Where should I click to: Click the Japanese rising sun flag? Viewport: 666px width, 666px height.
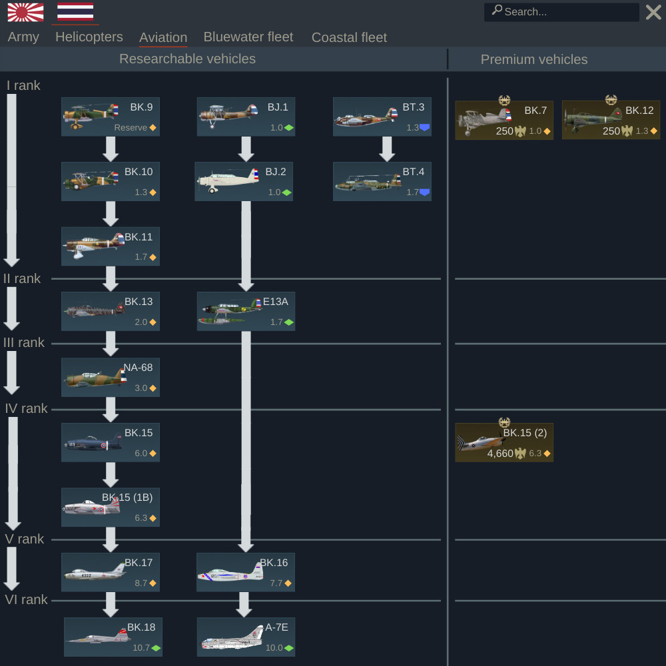(25, 12)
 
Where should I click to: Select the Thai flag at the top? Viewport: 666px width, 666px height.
(75, 11)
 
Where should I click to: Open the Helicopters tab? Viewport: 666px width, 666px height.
(89, 37)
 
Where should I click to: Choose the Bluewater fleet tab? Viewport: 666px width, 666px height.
(248, 37)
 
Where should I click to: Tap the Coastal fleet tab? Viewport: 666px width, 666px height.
(349, 37)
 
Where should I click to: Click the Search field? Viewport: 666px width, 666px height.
(561, 12)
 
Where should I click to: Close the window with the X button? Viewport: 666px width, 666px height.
(653, 12)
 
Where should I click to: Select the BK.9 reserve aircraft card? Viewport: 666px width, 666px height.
(111, 117)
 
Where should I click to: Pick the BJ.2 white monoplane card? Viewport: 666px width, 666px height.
(244, 181)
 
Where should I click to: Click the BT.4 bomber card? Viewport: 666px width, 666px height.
(382, 181)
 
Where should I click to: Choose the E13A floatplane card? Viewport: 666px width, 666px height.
(246, 311)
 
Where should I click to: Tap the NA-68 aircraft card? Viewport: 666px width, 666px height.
(111, 377)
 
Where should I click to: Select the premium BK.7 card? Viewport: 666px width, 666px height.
(504, 120)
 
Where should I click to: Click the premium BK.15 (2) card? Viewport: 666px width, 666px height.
(504, 443)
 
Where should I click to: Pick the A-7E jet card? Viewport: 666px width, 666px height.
(246, 637)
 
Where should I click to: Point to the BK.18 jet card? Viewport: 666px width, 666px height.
(113, 637)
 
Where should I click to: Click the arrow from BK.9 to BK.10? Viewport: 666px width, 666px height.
(111, 149)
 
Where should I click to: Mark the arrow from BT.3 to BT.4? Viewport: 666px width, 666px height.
(387, 149)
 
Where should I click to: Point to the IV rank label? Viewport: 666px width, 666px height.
(26, 409)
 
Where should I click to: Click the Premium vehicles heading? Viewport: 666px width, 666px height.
(534, 59)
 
